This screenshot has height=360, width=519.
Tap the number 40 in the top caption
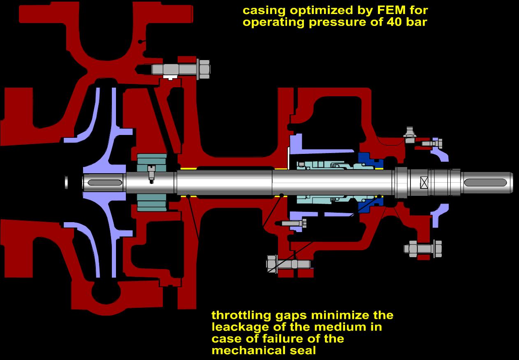[396, 22]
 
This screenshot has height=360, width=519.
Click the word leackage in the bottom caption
[240, 327]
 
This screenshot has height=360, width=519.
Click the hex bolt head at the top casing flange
[204, 69]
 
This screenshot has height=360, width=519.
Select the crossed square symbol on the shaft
[424, 183]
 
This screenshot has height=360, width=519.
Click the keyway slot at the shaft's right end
[485, 182]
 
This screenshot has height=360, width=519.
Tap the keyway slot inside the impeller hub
[105, 183]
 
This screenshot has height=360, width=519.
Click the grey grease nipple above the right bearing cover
[410, 135]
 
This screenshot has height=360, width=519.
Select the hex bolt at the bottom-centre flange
[288, 264]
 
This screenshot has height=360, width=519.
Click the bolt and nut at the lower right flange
[423, 249]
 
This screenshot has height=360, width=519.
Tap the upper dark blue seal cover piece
[370, 160]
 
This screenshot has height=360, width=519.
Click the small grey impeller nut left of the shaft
[66, 183]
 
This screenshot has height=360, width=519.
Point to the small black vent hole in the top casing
[140, 42]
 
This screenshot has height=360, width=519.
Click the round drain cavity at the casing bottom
[106, 293]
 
